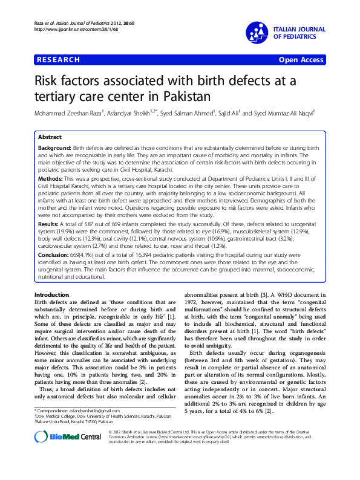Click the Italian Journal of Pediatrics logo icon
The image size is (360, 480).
pyautogui.click(x=257, y=33)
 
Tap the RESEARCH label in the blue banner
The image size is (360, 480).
pyautogui.click(x=58, y=60)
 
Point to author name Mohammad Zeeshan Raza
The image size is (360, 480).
pyautogui.click(x=68, y=112)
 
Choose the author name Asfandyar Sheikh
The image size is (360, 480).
pyautogui.click(x=129, y=112)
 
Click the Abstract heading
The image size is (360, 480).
pyautogui.click(x=50, y=137)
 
